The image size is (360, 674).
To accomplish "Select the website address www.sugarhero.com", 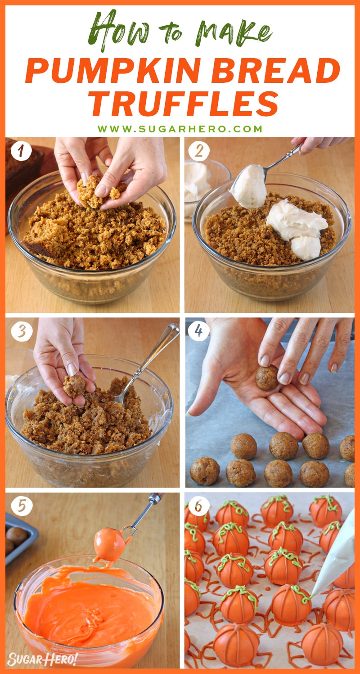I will (x=180, y=129).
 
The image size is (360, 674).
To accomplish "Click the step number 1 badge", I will (x=21, y=152).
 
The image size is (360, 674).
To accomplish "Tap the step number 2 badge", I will (x=199, y=152).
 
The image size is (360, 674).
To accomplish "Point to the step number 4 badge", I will (x=199, y=332).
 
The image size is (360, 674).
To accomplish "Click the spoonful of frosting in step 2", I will (x=248, y=185).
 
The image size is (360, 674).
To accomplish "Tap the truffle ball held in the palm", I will (x=267, y=378).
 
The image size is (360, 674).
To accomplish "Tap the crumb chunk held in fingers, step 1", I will (x=90, y=191).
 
